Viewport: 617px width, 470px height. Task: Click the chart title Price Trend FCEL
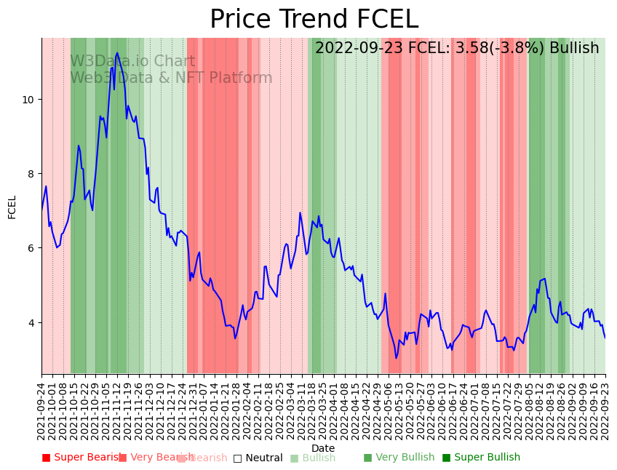click(x=314, y=20)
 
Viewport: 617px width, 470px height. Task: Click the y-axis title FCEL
click(x=12, y=207)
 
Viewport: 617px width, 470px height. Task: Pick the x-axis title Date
click(x=323, y=449)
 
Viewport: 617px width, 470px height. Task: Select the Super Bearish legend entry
click(x=81, y=458)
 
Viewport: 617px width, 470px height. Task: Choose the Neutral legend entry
click(x=258, y=458)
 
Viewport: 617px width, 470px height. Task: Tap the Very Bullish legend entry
click(x=399, y=458)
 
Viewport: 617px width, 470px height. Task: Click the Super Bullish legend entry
click(x=481, y=458)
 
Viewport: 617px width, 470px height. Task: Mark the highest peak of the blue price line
click(x=117, y=53)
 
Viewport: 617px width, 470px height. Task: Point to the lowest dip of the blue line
click(x=397, y=358)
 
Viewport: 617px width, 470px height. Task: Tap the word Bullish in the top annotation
click(x=574, y=48)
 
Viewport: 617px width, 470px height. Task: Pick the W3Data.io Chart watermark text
click(x=132, y=62)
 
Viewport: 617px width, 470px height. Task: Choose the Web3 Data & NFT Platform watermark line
click(x=171, y=79)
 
